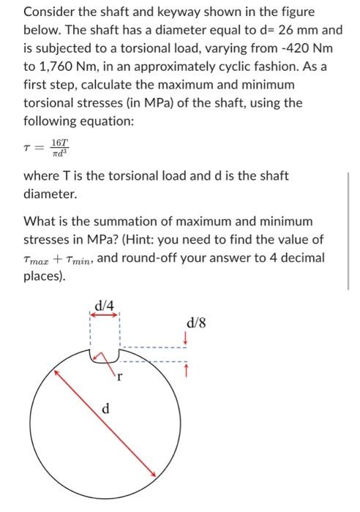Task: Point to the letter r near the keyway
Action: point(121,377)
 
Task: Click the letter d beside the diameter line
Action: point(105,409)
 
